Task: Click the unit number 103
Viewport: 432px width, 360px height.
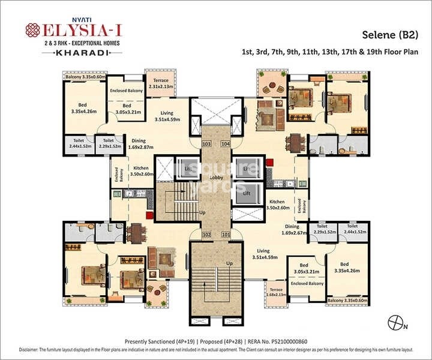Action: pos(207,145)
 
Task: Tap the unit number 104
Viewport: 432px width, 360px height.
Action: pos(225,145)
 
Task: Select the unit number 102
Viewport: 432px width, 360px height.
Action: pos(207,235)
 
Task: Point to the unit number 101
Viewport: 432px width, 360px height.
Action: pos(225,235)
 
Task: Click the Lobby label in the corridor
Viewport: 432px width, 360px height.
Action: pos(216,178)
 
